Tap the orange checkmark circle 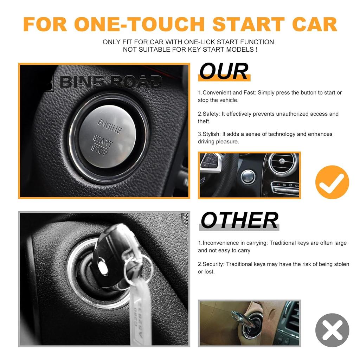point(332,182)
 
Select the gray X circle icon point(332,330)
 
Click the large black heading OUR point(224,71)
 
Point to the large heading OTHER point(239,220)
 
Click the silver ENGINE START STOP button point(107,136)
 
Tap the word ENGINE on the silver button point(110,126)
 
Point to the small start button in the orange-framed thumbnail point(248,176)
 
